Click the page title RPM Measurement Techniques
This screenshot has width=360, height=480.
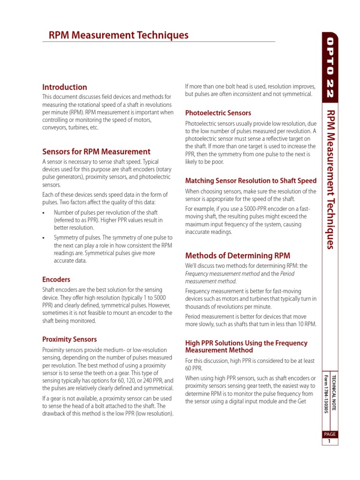pyautogui.click(x=119, y=35)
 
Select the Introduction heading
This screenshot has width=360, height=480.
pyautogui.click(x=65, y=87)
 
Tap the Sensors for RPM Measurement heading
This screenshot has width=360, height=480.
pyautogui.click(x=96, y=151)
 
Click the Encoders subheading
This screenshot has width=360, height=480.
pyautogui.click(x=56, y=279)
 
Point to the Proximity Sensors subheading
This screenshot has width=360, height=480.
pyautogui.click(x=69, y=339)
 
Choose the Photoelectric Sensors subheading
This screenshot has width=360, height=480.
pyautogui.click(x=218, y=113)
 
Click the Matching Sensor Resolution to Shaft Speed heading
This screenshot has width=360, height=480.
pyautogui.click(x=251, y=180)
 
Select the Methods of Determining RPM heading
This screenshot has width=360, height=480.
pyautogui.click(x=238, y=255)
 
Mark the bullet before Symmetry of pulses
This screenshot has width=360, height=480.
pyautogui.click(x=44, y=238)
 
